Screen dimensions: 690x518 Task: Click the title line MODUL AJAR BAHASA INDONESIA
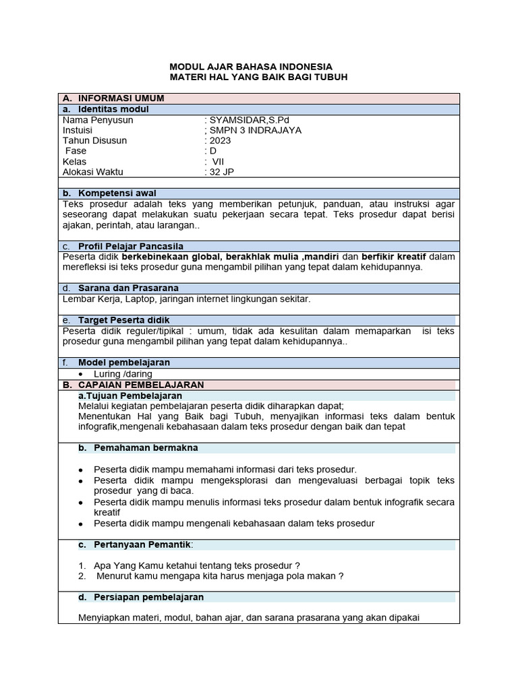[250, 67]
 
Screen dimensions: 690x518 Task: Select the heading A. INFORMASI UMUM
[121, 98]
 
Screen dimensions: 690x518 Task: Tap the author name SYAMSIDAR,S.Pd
[241, 120]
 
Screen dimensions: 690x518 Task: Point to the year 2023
[220, 141]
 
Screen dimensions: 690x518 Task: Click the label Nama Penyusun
[98, 120]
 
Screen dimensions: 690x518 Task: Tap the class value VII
[218, 162]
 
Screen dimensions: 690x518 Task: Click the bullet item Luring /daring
[123, 374]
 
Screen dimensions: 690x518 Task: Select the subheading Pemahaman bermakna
[146, 447]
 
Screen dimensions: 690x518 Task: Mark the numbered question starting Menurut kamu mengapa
[219, 576]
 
